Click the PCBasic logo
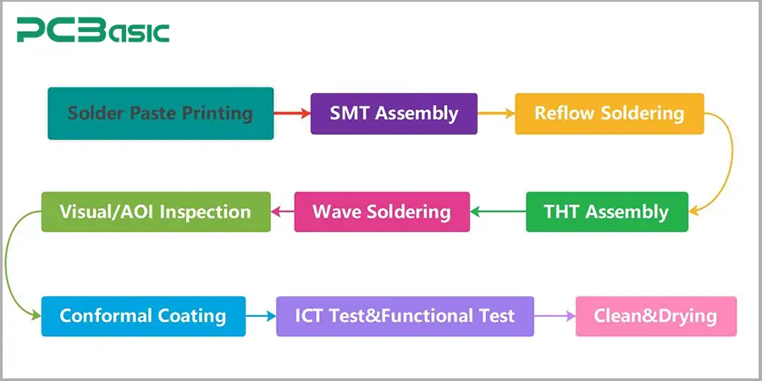[93, 31]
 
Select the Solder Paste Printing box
[161, 113]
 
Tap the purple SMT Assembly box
[394, 113]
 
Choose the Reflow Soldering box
[609, 113]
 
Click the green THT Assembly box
[606, 212]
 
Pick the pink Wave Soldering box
[381, 212]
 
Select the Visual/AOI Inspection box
[156, 212]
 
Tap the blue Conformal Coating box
[143, 317]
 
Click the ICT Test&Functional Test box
[405, 317]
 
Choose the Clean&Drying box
[655, 317]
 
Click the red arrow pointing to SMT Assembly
[292, 113]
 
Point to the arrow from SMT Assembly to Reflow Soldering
[496, 113]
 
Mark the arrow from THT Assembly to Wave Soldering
[498, 212]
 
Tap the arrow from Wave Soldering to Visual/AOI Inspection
[282, 212]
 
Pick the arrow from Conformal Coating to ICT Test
[261, 317]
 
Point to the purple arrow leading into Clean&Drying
[555, 317]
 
